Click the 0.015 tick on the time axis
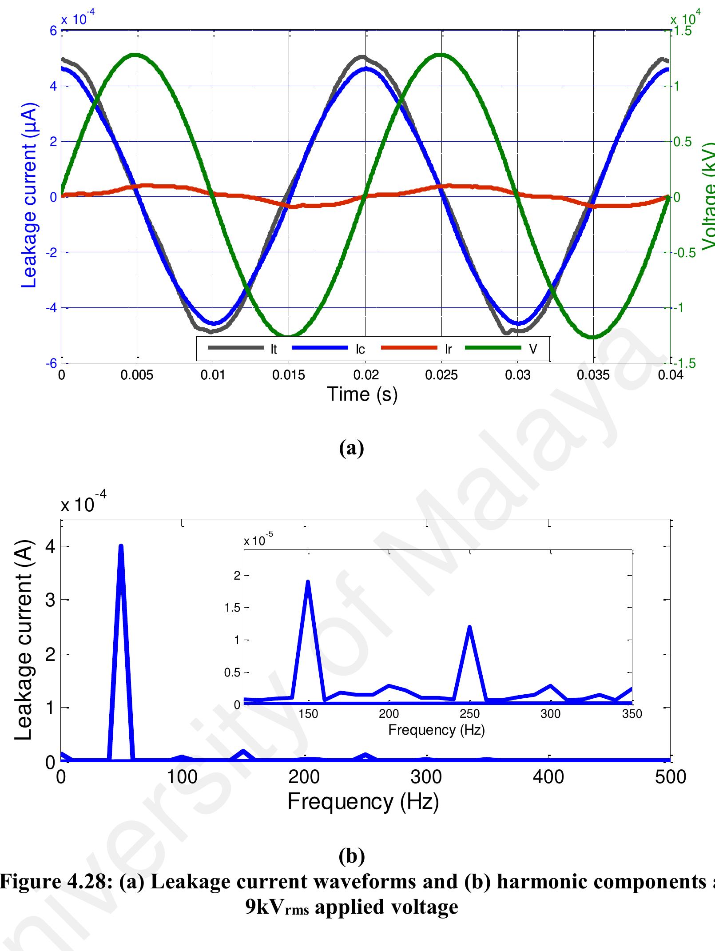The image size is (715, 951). click(x=289, y=375)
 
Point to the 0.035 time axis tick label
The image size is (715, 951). click(x=593, y=375)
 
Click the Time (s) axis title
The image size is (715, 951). click(x=362, y=394)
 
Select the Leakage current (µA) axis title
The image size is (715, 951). click(x=29, y=196)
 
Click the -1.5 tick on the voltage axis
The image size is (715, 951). click(x=682, y=364)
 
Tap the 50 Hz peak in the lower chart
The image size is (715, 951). click(x=121, y=547)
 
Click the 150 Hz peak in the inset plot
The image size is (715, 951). click(x=307, y=582)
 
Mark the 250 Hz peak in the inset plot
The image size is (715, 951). click(x=469, y=627)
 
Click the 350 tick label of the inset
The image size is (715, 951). click(x=632, y=713)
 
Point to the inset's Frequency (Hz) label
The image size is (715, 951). click(x=436, y=730)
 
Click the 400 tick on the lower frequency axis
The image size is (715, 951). click(x=549, y=777)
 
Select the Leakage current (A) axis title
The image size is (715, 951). click(x=23, y=640)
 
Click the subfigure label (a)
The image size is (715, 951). click(x=351, y=448)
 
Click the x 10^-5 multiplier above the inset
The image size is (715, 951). click(x=258, y=541)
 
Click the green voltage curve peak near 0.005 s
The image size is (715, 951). click(x=136, y=55)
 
